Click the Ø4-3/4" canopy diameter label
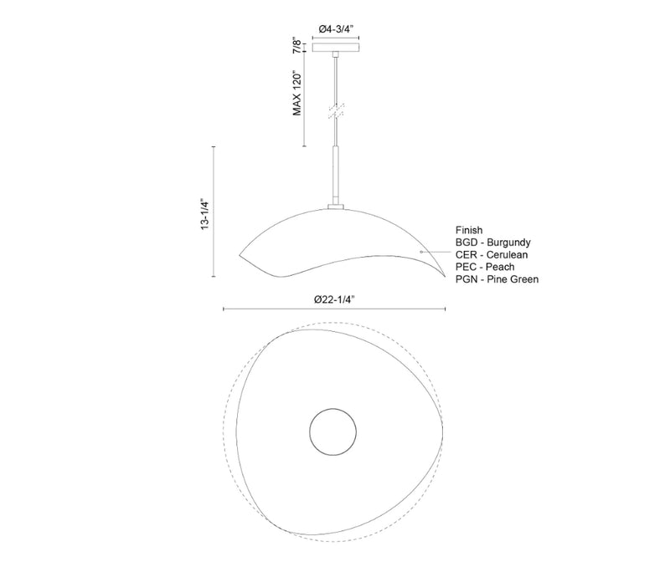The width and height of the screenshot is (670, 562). [x=337, y=29]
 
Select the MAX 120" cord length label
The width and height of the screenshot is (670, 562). [x=297, y=93]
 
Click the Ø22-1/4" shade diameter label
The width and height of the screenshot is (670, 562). [x=334, y=299]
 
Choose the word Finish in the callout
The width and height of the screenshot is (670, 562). [x=469, y=230]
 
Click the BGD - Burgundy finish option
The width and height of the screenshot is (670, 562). [x=493, y=243]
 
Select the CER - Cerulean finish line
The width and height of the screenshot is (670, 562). [x=492, y=255]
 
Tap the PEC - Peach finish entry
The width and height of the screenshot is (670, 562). [x=485, y=267]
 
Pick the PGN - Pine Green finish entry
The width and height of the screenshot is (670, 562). [x=497, y=279]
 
